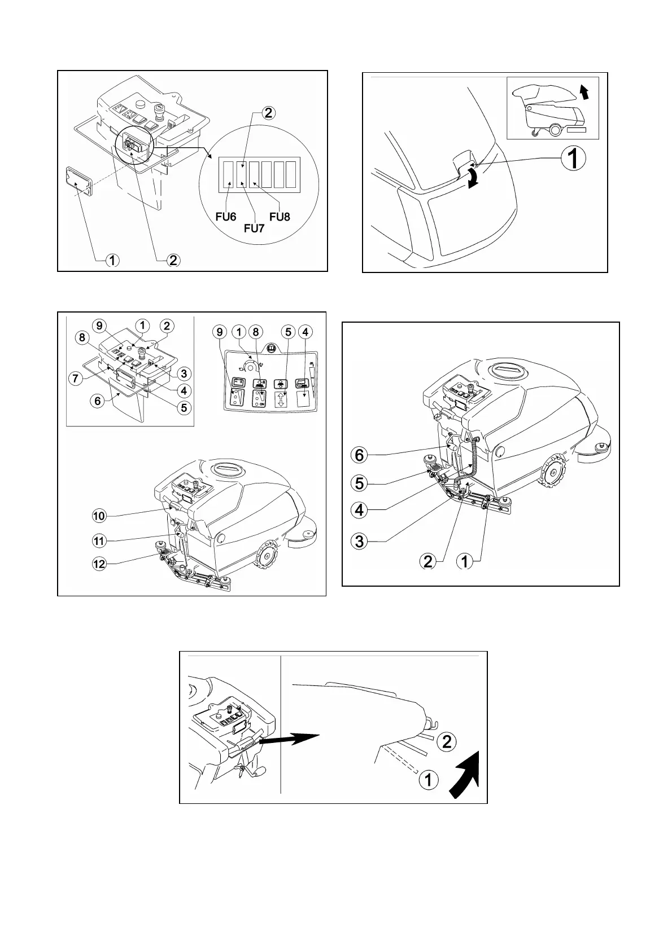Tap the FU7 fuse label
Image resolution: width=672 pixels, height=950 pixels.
254,229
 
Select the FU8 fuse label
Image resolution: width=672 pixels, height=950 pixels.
280,217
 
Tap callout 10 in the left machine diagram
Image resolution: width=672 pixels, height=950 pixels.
99,516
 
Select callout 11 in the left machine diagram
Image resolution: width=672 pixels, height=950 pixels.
99,540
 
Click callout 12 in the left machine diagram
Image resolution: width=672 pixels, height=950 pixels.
99,564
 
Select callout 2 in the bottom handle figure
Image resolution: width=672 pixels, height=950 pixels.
447,741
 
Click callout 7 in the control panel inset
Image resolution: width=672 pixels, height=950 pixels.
76,377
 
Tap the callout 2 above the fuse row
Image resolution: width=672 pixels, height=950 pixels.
268,113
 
